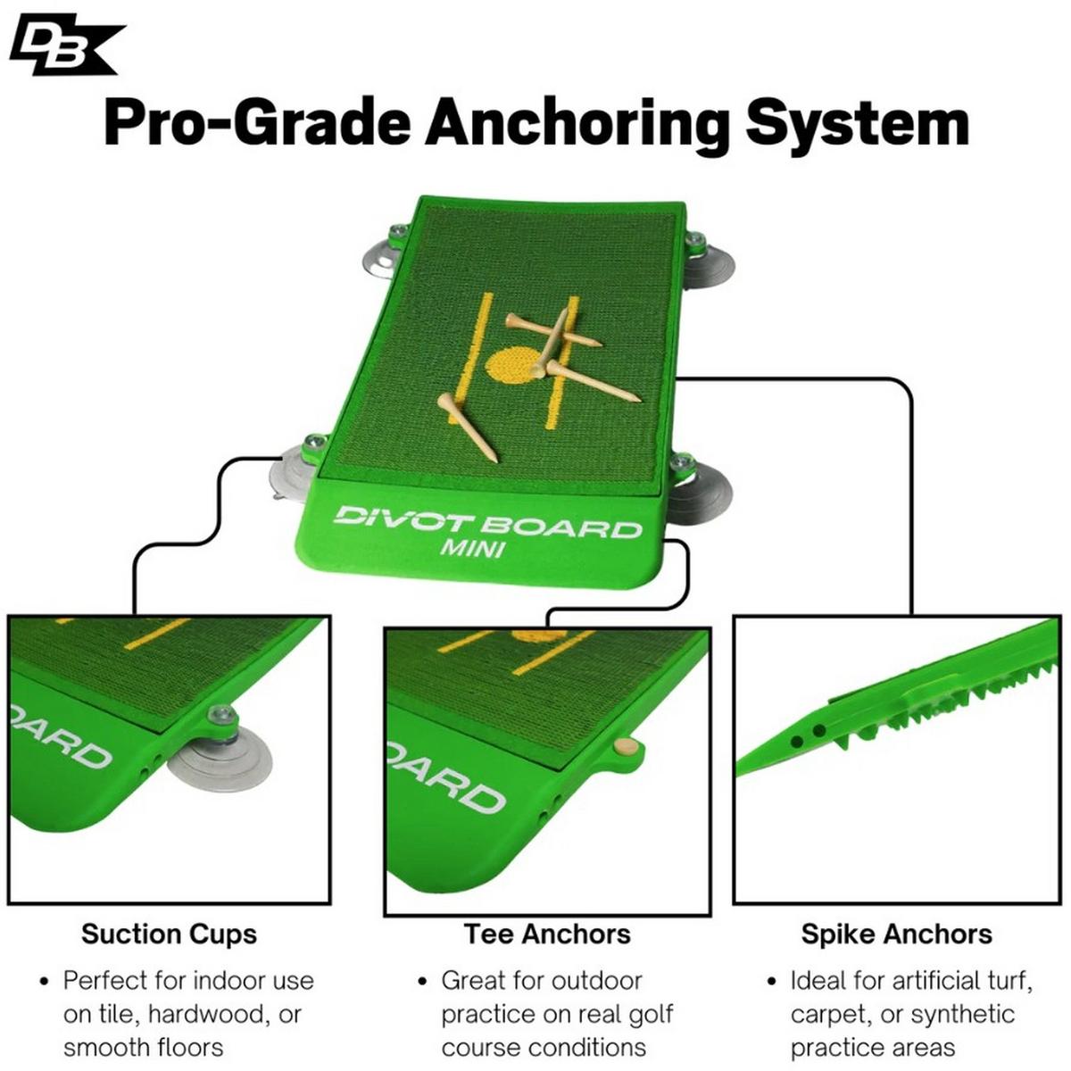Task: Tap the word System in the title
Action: point(858,126)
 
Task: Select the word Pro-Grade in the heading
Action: point(257,122)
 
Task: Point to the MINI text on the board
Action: point(472,549)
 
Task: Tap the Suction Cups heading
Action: point(169,934)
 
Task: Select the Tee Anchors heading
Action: point(547,934)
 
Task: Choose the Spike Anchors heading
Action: point(896,934)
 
